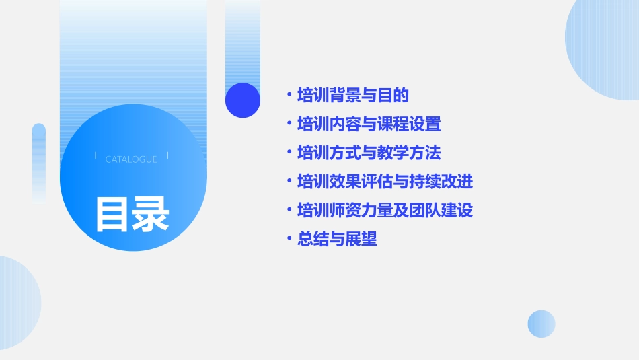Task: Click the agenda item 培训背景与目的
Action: click(353, 96)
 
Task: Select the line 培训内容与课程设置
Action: click(369, 124)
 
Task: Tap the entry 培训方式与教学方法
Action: click(369, 153)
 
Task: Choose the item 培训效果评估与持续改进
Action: click(385, 182)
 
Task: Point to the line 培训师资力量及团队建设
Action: click(385, 211)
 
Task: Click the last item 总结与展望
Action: click(337, 239)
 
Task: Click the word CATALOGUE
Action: click(131, 159)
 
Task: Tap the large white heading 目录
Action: click(132, 214)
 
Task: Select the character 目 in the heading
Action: click(112, 214)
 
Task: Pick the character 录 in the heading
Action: click(151, 214)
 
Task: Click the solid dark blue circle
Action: click(243, 100)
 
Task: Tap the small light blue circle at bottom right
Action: click(541, 324)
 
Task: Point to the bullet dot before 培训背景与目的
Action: click(289, 96)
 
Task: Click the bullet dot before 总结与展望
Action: click(289, 239)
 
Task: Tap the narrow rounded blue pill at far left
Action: click(39, 161)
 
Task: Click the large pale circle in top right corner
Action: click(605, 44)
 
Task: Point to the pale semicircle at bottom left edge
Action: click(17, 303)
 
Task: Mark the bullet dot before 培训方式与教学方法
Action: click(289, 153)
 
